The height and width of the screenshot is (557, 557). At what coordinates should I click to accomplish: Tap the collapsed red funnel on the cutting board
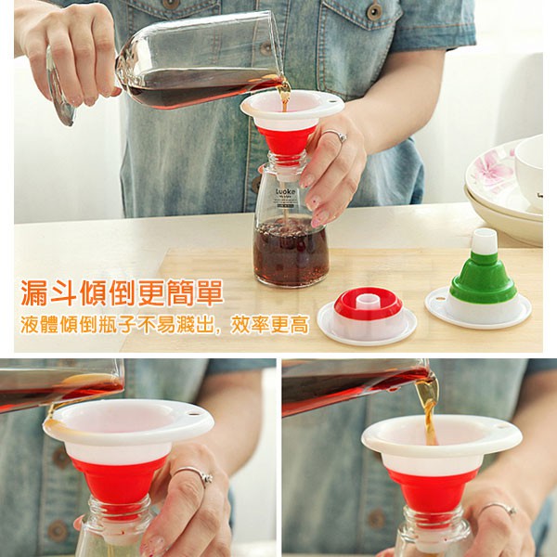[367, 316]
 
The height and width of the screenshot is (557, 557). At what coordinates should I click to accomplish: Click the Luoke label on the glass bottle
[286, 192]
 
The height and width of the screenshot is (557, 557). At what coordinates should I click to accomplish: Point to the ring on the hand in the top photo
[335, 135]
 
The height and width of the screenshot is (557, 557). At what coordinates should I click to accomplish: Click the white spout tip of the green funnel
[484, 241]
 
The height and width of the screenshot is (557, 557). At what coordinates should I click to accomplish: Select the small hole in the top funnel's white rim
[331, 101]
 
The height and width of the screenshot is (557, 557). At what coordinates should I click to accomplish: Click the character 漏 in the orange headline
[34, 293]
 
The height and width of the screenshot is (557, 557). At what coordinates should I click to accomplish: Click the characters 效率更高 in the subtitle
[269, 324]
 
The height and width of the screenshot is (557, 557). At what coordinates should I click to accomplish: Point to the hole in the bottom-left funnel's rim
[192, 414]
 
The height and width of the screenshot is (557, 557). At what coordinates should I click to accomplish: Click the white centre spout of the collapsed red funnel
[368, 302]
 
